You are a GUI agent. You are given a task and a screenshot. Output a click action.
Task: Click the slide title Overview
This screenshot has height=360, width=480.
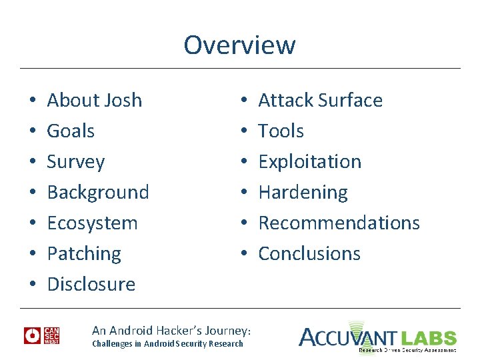(x=239, y=45)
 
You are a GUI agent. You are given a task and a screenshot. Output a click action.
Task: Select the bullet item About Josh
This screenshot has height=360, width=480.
(x=94, y=101)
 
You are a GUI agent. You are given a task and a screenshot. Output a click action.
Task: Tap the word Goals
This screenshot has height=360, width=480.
(x=71, y=131)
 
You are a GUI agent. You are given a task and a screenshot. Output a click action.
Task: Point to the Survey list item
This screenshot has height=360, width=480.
(x=76, y=162)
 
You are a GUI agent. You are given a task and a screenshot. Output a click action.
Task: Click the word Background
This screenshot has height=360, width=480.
(x=98, y=193)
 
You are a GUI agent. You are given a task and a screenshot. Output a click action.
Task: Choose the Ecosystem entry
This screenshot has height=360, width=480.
(x=92, y=223)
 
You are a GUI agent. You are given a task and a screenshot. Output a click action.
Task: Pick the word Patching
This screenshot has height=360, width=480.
(x=84, y=254)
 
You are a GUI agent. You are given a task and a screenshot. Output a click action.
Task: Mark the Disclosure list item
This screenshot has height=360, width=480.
(x=91, y=285)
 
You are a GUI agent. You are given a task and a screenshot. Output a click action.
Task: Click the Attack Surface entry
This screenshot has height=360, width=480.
(x=320, y=101)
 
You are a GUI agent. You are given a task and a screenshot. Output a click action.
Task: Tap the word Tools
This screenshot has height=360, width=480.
(x=281, y=131)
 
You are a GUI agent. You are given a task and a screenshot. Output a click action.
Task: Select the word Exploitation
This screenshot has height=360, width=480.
(x=309, y=162)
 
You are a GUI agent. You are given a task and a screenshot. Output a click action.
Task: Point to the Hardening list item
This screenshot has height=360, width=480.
(x=303, y=193)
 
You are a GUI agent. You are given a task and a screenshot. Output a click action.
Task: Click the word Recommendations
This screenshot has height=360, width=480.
(x=339, y=223)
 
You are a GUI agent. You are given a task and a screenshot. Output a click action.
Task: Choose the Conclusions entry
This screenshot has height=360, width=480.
(x=309, y=254)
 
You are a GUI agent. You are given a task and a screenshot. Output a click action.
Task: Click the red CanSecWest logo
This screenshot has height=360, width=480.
(x=42, y=335)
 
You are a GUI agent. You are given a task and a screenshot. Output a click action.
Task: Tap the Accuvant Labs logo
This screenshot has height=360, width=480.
(x=377, y=337)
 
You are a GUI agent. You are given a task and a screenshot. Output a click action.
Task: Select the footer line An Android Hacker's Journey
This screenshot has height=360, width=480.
(x=171, y=331)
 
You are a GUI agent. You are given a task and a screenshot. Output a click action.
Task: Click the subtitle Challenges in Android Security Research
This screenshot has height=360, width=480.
(x=167, y=343)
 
